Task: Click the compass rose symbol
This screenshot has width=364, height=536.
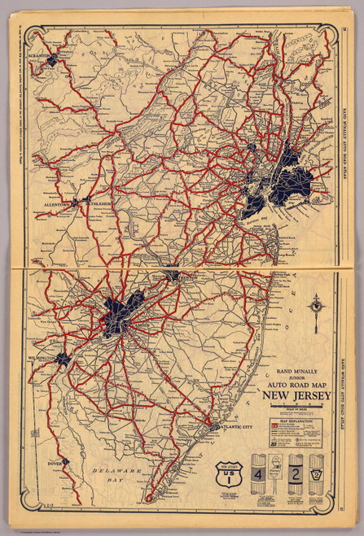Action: click(315, 306)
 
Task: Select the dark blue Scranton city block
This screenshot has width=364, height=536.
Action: click(53, 59)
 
